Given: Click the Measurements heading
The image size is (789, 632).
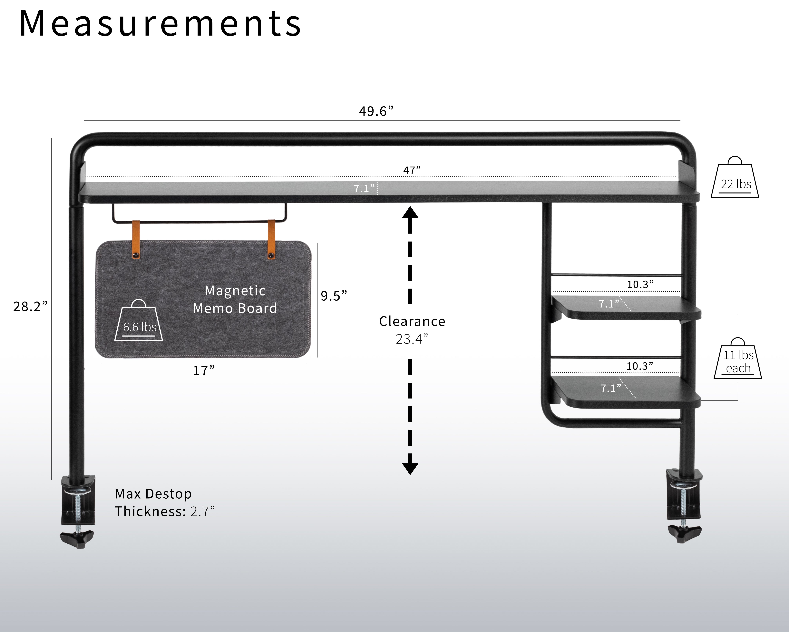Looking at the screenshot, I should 160,24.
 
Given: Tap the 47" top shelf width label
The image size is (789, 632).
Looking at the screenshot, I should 412,170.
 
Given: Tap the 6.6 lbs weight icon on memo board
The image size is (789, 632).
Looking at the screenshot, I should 139,321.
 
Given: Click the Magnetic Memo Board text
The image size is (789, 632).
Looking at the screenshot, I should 235,299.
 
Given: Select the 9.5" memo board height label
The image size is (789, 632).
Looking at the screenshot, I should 333,296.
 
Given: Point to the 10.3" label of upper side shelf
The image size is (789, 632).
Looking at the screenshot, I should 640,284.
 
